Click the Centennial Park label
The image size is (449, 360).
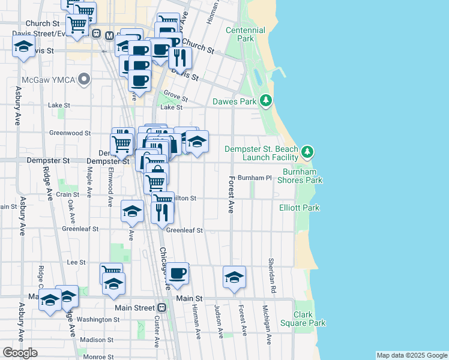[x=245, y=34]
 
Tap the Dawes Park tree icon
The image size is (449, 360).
[x=267, y=101]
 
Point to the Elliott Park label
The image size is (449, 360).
[x=300, y=208]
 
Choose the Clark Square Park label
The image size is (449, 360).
[x=310, y=319]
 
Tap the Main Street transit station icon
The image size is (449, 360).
[x=161, y=307]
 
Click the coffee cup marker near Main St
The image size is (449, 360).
[x=177, y=274]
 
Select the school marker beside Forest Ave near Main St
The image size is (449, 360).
[x=234, y=276]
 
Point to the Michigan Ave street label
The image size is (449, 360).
[x=265, y=325]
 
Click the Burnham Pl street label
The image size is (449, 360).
[x=255, y=178]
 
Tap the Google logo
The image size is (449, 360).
[x=20, y=353]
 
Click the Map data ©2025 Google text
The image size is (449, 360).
[x=411, y=355]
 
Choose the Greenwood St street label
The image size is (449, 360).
[x=70, y=133]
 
